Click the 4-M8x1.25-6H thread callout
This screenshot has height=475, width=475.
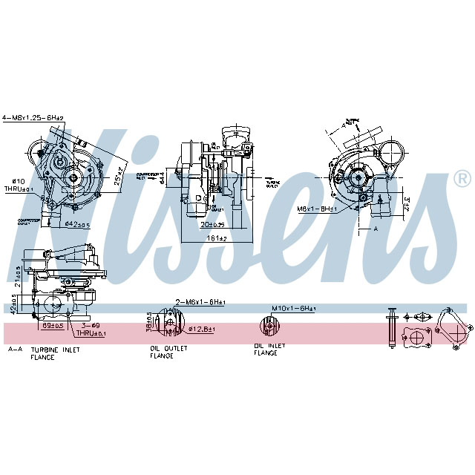pos(33,117)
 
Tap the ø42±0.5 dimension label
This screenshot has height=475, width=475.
pos(76,223)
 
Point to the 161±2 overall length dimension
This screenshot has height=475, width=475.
pos(216,237)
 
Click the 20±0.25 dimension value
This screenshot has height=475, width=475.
pos(212,223)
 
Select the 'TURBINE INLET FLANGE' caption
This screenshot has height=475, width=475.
pos(53,353)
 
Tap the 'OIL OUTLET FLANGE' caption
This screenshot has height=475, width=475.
pos(167,352)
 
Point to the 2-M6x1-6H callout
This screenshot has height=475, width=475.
pos(200,302)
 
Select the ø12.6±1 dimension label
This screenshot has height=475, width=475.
pos(202,328)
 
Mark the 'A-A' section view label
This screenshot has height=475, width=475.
pos(14,348)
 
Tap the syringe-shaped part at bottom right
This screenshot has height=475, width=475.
pos(390,327)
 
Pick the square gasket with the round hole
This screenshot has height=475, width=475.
pos(416,338)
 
